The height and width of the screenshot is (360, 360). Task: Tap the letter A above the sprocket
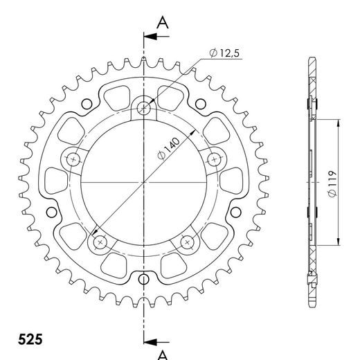click(163, 22)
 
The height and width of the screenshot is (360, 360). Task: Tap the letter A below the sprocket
click(163, 354)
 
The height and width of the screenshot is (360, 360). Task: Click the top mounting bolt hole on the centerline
click(144, 107)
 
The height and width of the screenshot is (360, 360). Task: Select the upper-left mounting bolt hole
click(73, 159)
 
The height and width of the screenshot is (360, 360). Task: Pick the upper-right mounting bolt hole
click(214, 159)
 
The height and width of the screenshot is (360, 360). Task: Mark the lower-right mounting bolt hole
click(187, 242)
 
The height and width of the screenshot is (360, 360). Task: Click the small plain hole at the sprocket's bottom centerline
click(144, 280)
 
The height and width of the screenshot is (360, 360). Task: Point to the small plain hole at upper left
click(86, 105)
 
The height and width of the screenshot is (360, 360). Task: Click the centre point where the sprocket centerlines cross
click(144, 182)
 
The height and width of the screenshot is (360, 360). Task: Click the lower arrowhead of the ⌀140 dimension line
click(94, 234)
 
